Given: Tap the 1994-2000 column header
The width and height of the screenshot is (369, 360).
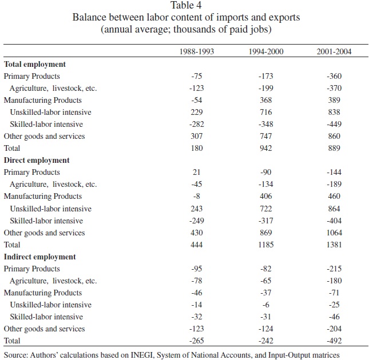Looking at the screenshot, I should pos(266,52).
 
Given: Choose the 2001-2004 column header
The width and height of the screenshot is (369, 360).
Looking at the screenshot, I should pos(334,52).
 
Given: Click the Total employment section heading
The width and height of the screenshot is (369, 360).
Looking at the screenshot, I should pos(35,64).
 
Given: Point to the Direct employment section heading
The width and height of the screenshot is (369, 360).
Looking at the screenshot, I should pos(37,161).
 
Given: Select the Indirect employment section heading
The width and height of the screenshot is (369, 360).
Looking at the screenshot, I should pos(40,257).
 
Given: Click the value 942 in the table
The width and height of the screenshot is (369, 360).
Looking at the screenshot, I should pos(266,149).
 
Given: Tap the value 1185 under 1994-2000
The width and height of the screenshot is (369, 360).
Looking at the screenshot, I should pos(266,245).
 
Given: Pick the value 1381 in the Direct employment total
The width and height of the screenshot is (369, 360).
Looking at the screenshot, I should pos(334,245).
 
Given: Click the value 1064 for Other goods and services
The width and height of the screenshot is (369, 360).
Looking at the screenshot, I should pos(334,233).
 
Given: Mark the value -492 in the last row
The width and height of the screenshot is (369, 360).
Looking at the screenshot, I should pos(334,341).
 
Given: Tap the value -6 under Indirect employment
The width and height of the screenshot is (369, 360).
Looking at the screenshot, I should pos(266,305).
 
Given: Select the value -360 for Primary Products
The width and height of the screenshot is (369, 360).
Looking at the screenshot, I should pos(334,76).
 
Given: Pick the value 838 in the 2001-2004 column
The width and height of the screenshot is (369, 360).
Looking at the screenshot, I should pos(334,113).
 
